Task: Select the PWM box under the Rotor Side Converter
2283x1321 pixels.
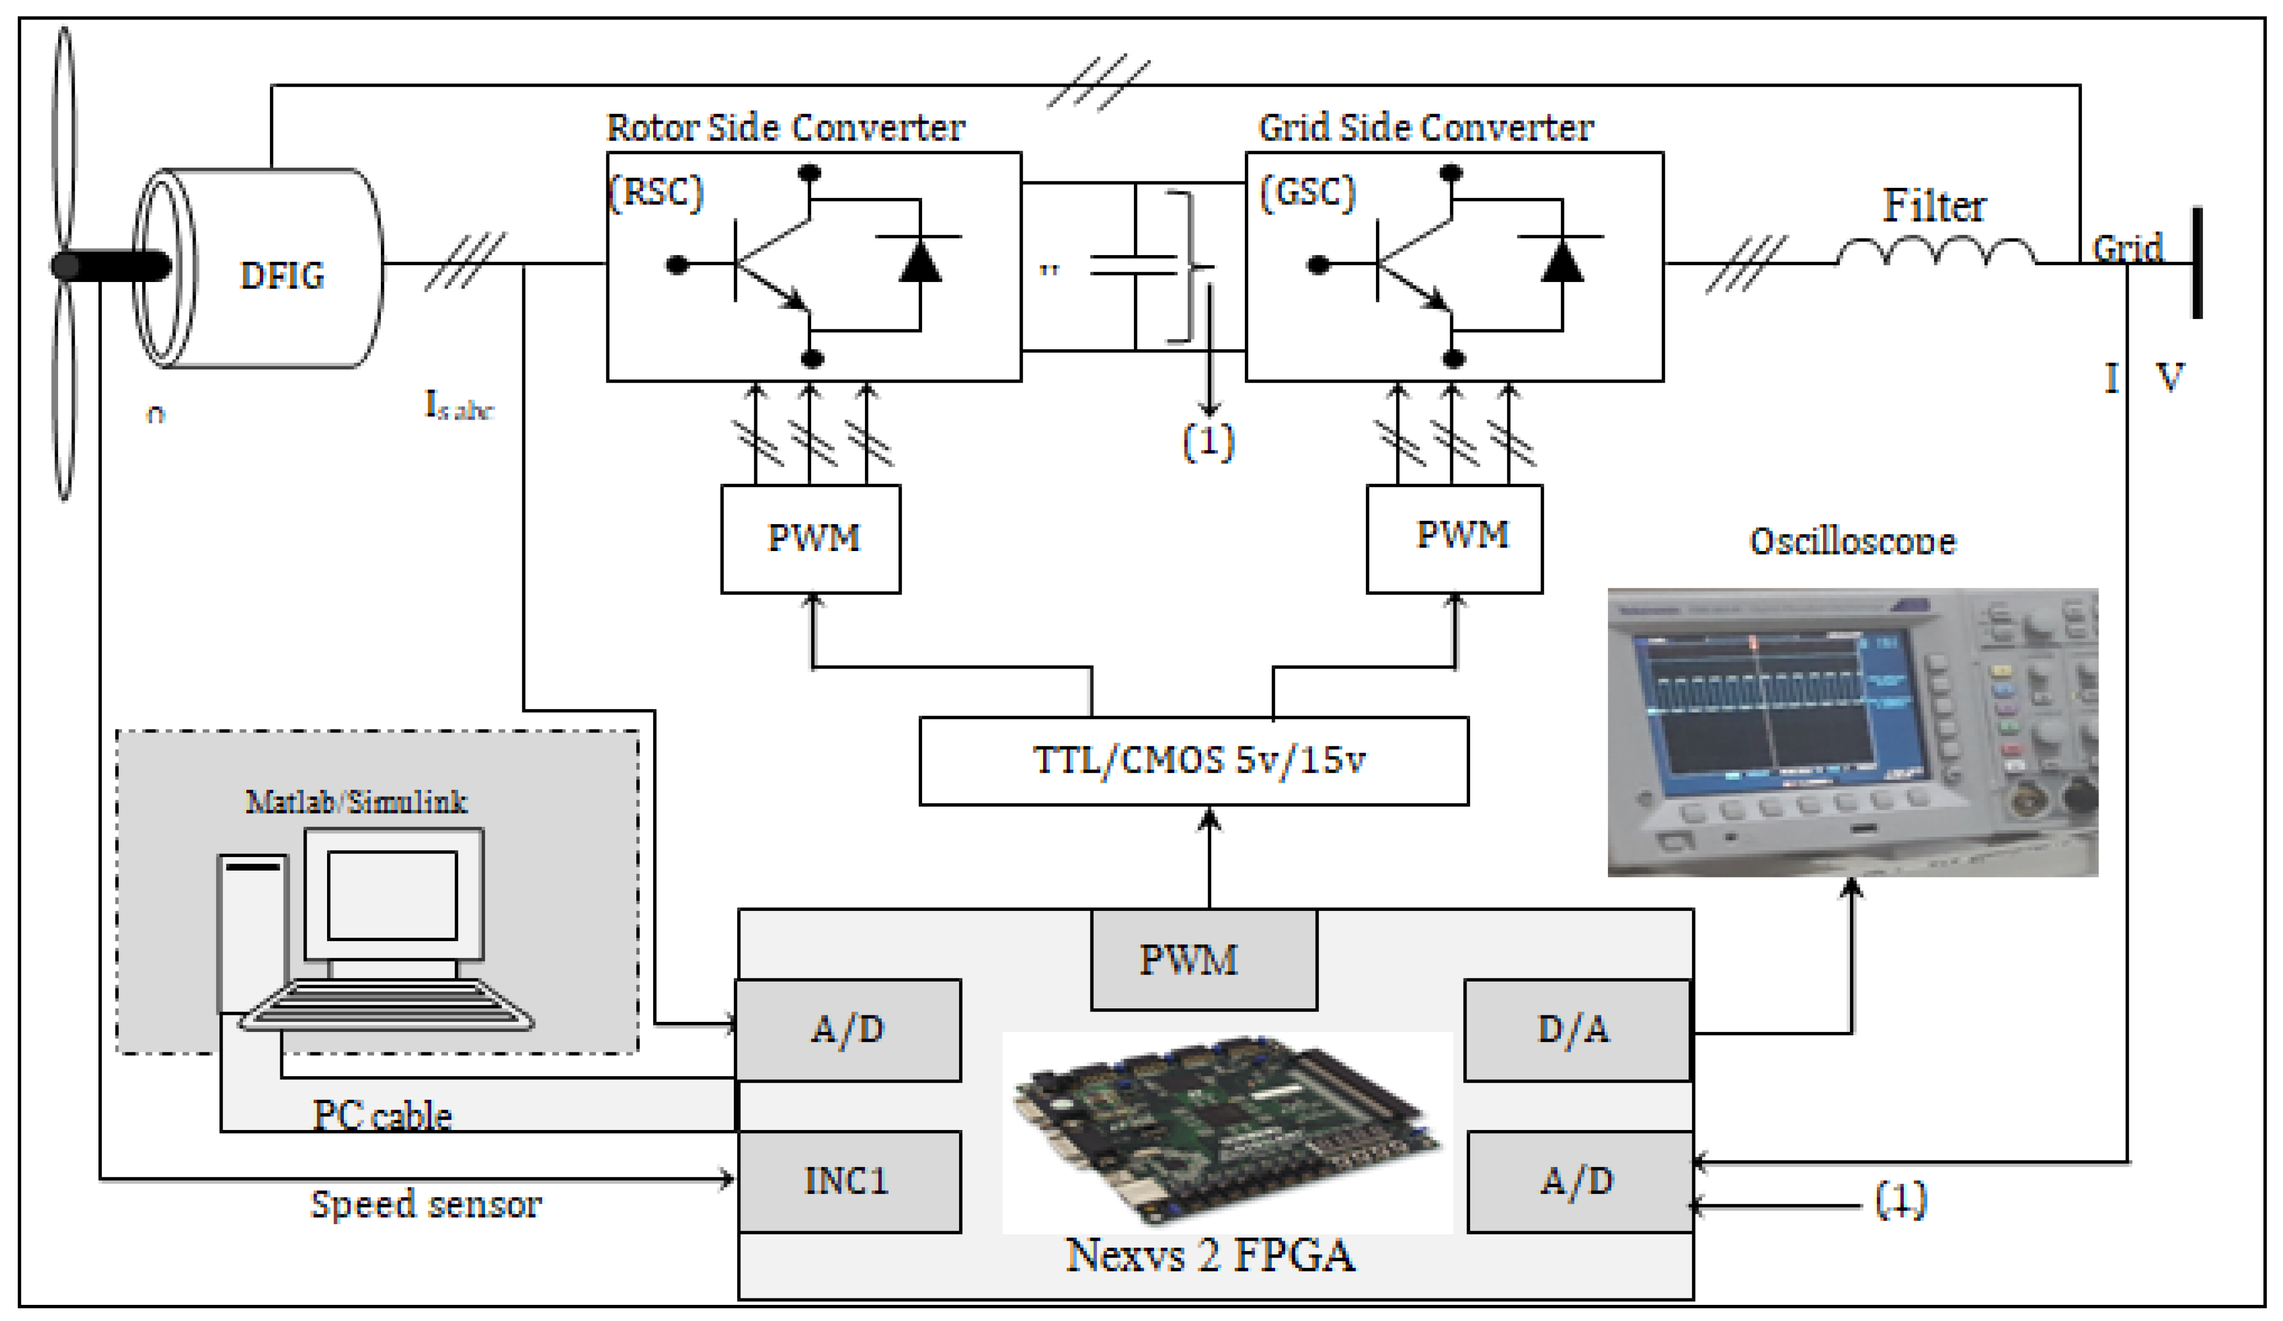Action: click(x=811, y=539)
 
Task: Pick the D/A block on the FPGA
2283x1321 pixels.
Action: click(x=1576, y=1030)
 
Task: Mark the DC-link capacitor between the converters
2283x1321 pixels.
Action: click(x=1135, y=265)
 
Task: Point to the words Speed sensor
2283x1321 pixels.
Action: click(x=426, y=1204)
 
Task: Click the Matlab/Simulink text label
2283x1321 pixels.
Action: click(x=356, y=802)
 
